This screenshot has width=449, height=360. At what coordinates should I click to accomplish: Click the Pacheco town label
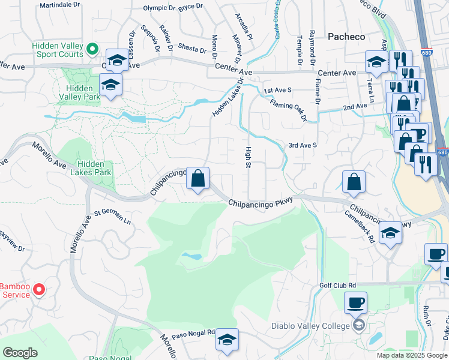pos(346,37)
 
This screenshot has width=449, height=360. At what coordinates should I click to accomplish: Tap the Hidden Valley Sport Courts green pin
pos(92,49)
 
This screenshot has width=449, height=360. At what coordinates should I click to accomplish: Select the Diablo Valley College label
pos(310,326)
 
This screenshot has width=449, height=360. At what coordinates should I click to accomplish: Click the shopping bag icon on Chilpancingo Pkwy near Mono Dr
pos(197,178)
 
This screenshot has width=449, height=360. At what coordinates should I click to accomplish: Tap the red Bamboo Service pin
pos(39,290)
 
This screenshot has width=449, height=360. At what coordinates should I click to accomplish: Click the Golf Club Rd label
pos(337,286)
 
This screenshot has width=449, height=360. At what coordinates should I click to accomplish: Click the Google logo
pos(20,353)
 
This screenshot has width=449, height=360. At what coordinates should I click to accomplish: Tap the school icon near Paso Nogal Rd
pos(227,340)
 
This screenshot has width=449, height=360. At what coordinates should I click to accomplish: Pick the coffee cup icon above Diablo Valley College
pos(356,303)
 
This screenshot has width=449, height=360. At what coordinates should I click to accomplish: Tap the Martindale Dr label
pos(59,5)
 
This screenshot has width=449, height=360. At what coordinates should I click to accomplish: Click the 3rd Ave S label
pos(302,145)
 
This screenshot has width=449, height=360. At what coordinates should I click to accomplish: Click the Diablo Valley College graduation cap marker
pos(358,326)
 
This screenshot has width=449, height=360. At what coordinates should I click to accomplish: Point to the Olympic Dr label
pos(159,8)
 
